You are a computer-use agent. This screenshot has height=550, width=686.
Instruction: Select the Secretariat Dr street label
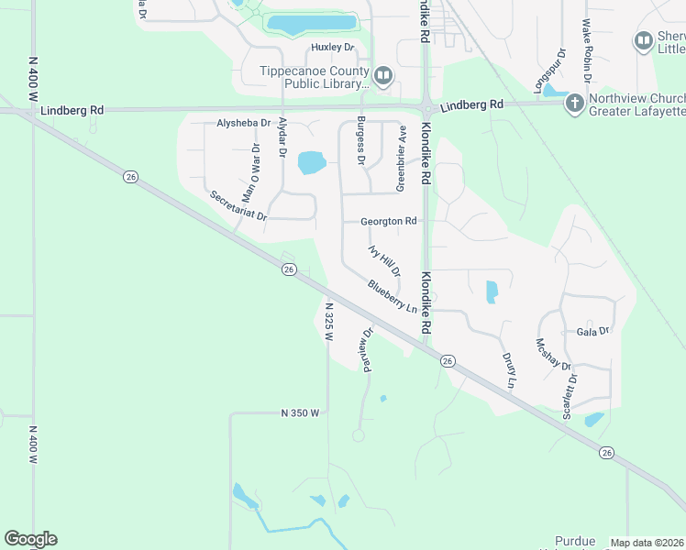(237, 206)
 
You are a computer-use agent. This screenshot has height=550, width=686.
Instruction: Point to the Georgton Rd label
(388, 221)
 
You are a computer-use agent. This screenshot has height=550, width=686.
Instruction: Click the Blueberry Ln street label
(393, 296)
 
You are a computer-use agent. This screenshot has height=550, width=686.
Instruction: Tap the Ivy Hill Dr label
(384, 260)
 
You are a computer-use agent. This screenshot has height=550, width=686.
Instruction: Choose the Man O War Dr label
(250, 173)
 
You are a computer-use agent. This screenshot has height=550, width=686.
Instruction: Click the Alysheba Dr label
(243, 122)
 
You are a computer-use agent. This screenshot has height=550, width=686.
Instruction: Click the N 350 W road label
(300, 413)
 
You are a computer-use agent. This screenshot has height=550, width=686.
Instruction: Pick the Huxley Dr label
(332, 47)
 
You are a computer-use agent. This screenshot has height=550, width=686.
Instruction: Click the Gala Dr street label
(593, 331)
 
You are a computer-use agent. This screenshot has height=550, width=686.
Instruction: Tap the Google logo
(30, 539)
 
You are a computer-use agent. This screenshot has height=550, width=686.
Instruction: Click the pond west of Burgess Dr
(312, 163)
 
